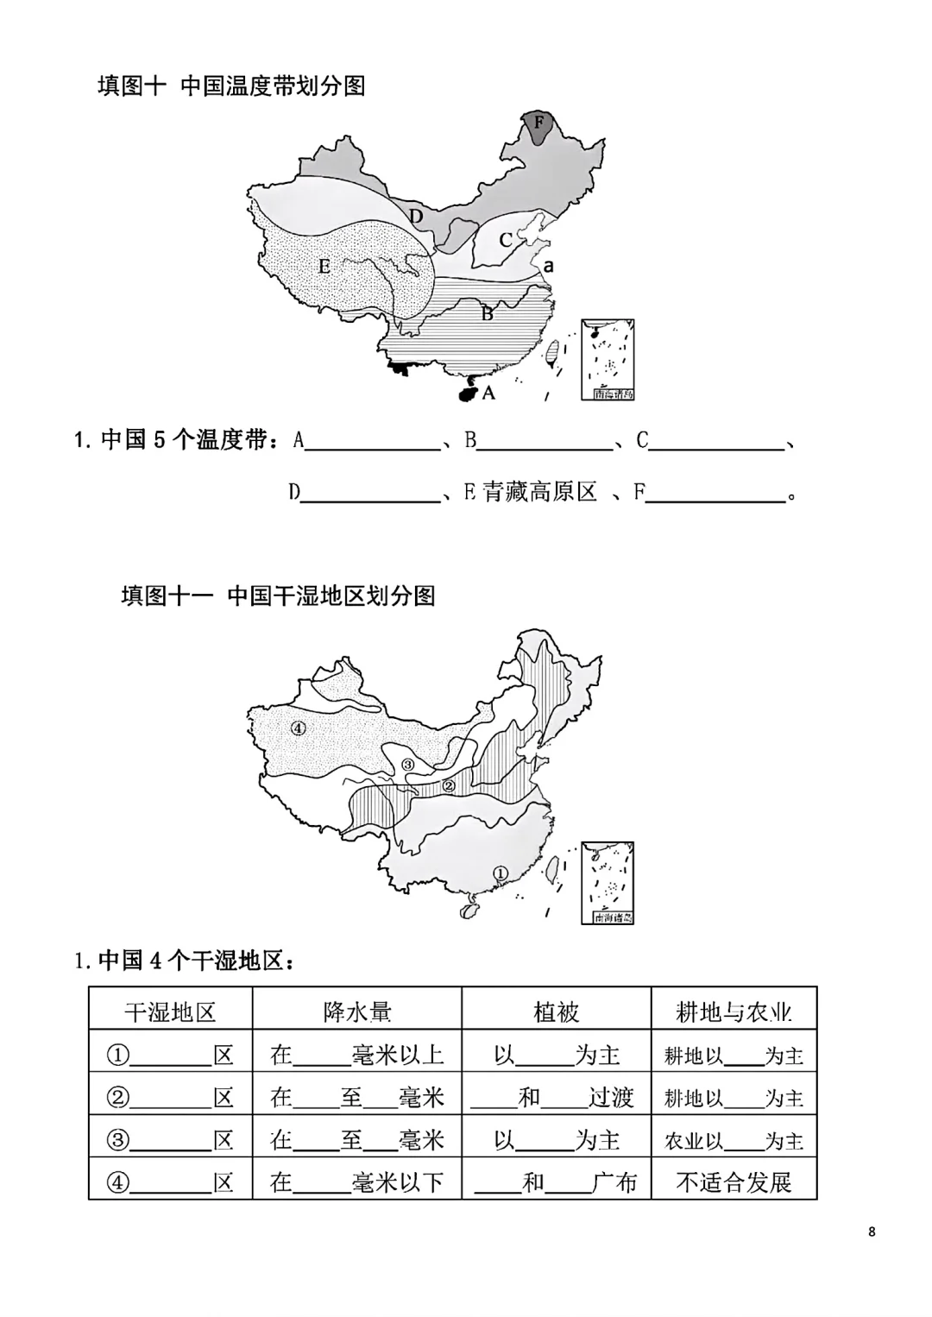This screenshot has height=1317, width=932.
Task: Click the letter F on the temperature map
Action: point(539,123)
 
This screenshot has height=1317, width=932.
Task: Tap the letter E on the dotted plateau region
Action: point(324,266)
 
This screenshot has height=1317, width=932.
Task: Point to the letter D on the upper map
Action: point(416,216)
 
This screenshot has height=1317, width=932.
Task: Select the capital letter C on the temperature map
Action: point(506,240)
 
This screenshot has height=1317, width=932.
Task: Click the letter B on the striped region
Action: point(487,313)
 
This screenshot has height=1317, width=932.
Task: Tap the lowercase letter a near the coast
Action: point(548,267)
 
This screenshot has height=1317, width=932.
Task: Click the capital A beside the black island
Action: point(488,393)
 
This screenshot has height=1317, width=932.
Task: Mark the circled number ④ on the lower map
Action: point(299,728)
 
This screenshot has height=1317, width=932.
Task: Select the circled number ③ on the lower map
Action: point(408,764)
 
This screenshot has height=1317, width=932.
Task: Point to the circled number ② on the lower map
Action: point(448,785)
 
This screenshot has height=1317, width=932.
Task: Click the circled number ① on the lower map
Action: point(500,873)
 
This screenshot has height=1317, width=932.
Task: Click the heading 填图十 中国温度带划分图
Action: point(231,85)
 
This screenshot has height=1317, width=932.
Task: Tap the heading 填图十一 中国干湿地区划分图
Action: point(278,595)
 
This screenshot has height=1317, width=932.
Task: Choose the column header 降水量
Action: point(357,1011)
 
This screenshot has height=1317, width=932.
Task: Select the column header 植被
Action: point(556,1011)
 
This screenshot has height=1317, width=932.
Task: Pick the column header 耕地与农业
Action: point(734,1011)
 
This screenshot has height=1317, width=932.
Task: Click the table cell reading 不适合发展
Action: point(734,1182)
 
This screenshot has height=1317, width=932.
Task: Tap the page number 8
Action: point(872,1232)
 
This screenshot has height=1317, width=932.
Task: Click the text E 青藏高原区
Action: point(530,492)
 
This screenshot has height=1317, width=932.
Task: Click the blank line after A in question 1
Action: point(373,442)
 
